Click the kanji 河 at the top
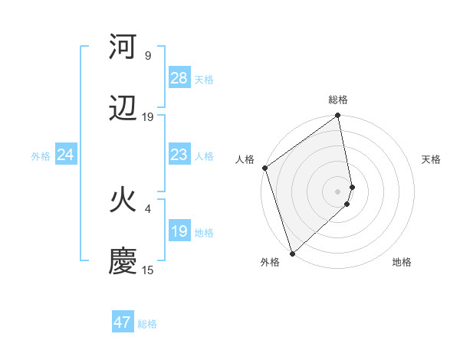tap(123, 47)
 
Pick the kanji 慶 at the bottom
tap(123, 260)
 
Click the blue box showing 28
tap(179, 77)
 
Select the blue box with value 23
tap(179, 155)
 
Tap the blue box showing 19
tap(179, 231)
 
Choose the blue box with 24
tap(66, 155)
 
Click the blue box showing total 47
tap(123, 322)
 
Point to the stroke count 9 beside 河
tap(148, 56)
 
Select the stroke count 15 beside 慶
tap(148, 270)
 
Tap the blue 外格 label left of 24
tap(41, 155)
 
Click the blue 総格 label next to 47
tap(147, 323)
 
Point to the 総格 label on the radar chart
tap(338, 100)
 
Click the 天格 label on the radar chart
tap(431, 159)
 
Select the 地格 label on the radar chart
tap(402, 262)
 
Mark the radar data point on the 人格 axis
tap(264, 169)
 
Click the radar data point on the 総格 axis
tap(338, 116)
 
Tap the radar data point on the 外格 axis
tap(291, 253)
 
